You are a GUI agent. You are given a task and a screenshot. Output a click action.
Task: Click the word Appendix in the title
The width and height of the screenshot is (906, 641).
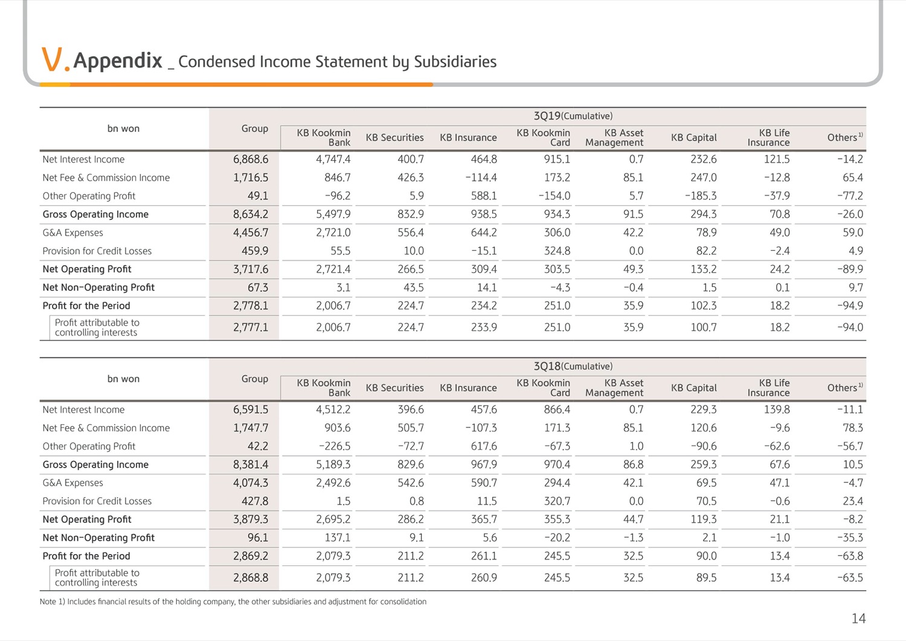click(x=117, y=61)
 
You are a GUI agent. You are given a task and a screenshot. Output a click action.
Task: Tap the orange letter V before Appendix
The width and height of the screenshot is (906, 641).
click(x=52, y=59)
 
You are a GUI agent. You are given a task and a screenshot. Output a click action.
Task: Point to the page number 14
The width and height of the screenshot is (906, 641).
click(x=859, y=618)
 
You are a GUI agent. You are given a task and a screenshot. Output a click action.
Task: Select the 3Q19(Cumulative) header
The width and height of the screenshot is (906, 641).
click(x=573, y=116)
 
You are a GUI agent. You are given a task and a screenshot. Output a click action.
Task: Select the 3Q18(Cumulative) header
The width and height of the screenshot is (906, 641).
click(x=573, y=366)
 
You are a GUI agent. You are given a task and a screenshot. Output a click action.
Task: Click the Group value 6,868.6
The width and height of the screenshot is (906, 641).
click(x=251, y=159)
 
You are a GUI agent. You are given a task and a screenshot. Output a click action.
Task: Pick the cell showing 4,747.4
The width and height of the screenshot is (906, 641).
click(x=333, y=159)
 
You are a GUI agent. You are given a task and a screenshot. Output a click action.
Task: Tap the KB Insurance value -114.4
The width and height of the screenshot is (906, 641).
click(x=481, y=178)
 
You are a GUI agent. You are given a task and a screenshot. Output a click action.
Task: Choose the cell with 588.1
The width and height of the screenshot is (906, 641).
click(x=484, y=196)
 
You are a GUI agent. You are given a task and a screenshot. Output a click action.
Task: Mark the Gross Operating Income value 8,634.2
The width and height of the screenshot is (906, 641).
click(x=251, y=214)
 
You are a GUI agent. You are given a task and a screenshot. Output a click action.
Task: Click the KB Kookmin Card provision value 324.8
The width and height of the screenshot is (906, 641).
click(x=557, y=251)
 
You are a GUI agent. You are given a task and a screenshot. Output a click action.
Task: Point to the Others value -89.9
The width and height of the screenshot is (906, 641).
click(x=850, y=269)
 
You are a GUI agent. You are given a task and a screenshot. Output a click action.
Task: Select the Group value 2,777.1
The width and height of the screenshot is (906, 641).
click(x=251, y=327)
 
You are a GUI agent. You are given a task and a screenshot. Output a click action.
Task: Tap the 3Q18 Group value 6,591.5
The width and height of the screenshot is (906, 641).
click(x=251, y=410)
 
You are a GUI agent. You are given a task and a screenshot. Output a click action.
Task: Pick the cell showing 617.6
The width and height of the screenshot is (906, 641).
click(x=484, y=446)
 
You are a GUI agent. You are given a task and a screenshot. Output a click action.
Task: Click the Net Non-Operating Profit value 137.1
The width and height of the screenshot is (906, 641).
click(x=337, y=538)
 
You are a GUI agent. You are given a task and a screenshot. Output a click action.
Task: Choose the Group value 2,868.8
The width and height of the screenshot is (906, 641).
click(x=251, y=578)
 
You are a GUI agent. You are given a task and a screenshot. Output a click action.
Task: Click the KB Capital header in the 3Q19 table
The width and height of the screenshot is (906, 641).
click(x=693, y=138)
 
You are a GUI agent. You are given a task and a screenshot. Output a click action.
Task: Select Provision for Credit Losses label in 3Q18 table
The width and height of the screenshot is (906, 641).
click(x=97, y=501)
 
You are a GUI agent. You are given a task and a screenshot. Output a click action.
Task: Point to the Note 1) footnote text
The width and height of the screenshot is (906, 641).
click(x=233, y=602)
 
